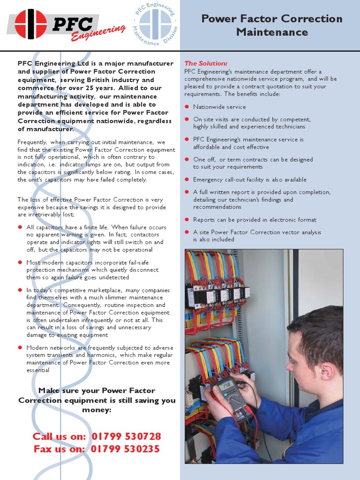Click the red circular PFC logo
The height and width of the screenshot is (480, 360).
tap(31, 24)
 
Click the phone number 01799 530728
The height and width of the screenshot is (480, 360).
tap(126, 436)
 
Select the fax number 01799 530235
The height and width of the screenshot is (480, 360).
tap(125, 449)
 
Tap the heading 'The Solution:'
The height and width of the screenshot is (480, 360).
tap(206, 63)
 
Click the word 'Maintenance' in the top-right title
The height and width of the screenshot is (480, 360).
tap(272, 32)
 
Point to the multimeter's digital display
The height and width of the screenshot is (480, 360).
tap(227, 385)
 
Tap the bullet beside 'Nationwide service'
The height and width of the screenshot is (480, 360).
tap(187, 107)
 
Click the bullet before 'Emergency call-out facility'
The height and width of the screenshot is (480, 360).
tap(187, 180)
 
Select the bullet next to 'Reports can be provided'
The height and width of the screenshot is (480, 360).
tap(187, 219)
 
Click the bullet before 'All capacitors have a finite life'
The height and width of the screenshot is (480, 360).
tap(20, 227)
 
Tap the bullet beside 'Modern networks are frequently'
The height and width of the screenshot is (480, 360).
tap(20, 347)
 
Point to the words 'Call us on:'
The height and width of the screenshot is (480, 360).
tap(59, 436)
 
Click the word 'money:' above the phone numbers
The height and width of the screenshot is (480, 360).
tap(97, 410)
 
